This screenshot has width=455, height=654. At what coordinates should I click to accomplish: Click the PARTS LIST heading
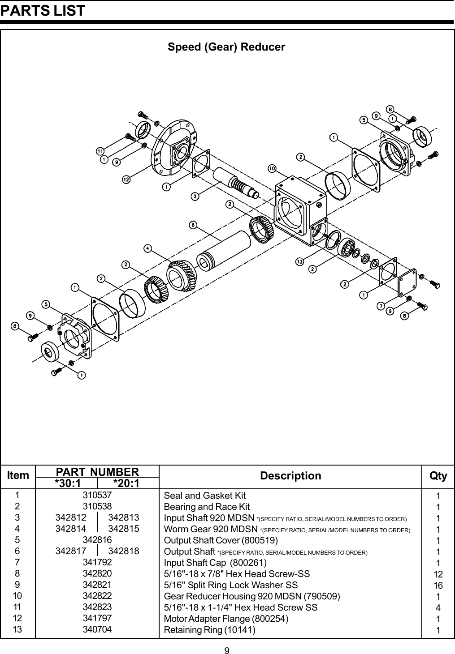click(x=43, y=10)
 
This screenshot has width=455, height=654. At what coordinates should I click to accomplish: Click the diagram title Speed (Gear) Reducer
click(x=226, y=47)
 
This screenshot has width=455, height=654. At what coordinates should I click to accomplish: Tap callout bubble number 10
click(x=272, y=168)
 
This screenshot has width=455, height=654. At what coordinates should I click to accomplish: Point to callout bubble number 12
click(x=126, y=180)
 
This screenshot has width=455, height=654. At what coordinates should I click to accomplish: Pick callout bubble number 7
click(x=380, y=306)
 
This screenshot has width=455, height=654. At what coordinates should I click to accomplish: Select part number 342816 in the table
click(x=97, y=540)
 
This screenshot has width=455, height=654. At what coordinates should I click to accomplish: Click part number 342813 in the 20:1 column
click(x=124, y=517)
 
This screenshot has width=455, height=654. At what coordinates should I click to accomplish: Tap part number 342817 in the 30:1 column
click(x=70, y=551)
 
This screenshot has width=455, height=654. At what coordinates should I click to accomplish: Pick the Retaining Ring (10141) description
click(x=210, y=630)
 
